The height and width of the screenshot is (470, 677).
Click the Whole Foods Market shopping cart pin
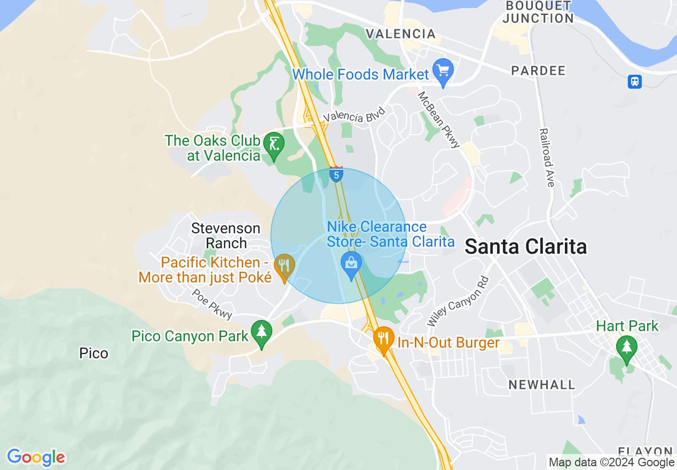tap(443, 72)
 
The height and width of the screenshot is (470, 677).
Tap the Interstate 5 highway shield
tap(336, 175)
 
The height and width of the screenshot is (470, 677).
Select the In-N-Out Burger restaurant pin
tap(383, 339)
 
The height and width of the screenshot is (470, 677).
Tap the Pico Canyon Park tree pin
tap(261, 333)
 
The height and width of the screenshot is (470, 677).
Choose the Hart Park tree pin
tap(627, 348)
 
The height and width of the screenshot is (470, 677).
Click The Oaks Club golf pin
tap(274, 145)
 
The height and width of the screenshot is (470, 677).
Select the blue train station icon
tap(635, 82)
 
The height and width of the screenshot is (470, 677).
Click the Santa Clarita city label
tap(526, 247)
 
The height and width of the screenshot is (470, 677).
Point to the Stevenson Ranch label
tap(226, 236)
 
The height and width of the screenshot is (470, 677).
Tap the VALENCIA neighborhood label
tap(401, 34)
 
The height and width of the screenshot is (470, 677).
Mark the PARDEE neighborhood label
tap(538, 70)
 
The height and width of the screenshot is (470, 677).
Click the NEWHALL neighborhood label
tap(542, 385)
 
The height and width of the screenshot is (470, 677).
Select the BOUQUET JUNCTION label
tap(539, 12)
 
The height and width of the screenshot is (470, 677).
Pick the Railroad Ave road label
tap(547, 158)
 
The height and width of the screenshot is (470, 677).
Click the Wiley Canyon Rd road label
tap(458, 302)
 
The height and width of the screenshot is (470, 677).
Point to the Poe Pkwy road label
tap(212, 304)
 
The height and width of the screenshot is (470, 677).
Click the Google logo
tap(36, 457)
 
